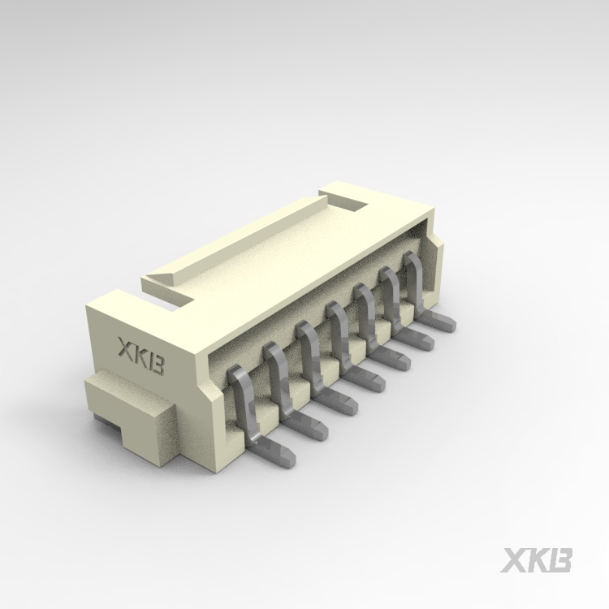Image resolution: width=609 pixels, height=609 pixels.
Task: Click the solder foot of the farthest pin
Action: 443,322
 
